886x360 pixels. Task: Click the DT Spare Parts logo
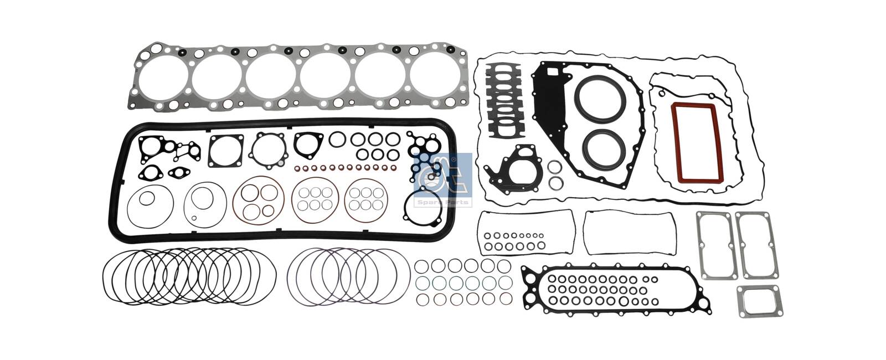click(x=442, y=179)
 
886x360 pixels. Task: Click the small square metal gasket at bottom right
click(x=760, y=302)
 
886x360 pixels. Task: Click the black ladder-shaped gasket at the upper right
click(x=504, y=101)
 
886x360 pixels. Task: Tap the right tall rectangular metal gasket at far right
click(x=754, y=244)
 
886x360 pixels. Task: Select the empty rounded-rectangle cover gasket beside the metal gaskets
click(x=630, y=232)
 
